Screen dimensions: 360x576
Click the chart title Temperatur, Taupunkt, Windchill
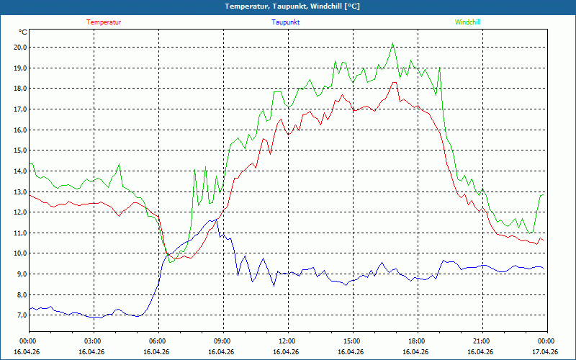pyautogui.click(x=292, y=6)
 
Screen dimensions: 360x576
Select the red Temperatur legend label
pyautogui.click(x=104, y=22)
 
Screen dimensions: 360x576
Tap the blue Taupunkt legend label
pyautogui.click(x=286, y=22)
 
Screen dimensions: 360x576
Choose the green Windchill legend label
pyautogui.click(x=468, y=22)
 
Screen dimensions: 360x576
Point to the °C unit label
pyautogui.click(x=23, y=32)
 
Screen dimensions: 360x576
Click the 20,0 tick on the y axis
pyautogui.click(x=20, y=48)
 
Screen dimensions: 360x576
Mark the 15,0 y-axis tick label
pyautogui.click(x=20, y=151)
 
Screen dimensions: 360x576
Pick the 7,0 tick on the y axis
pyautogui.click(x=20, y=315)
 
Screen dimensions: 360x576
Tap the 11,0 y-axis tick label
pyautogui.click(x=20, y=233)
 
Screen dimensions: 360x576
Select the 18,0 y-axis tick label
pyautogui.click(x=20, y=89)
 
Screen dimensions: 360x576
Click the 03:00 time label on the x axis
pyautogui.click(x=93, y=341)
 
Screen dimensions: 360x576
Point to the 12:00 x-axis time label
pyautogui.click(x=287, y=341)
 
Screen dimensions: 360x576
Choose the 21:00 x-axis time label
pyautogui.click(x=482, y=341)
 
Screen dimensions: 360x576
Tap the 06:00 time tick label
pyautogui.click(x=158, y=341)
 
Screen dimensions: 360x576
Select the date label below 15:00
pyautogui.click(x=352, y=352)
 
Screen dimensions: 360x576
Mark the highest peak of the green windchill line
pyautogui.click(x=392, y=43)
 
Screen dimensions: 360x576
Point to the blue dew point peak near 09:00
pyautogui.click(x=216, y=220)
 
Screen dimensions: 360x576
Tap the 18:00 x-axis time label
pyautogui.click(x=417, y=341)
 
